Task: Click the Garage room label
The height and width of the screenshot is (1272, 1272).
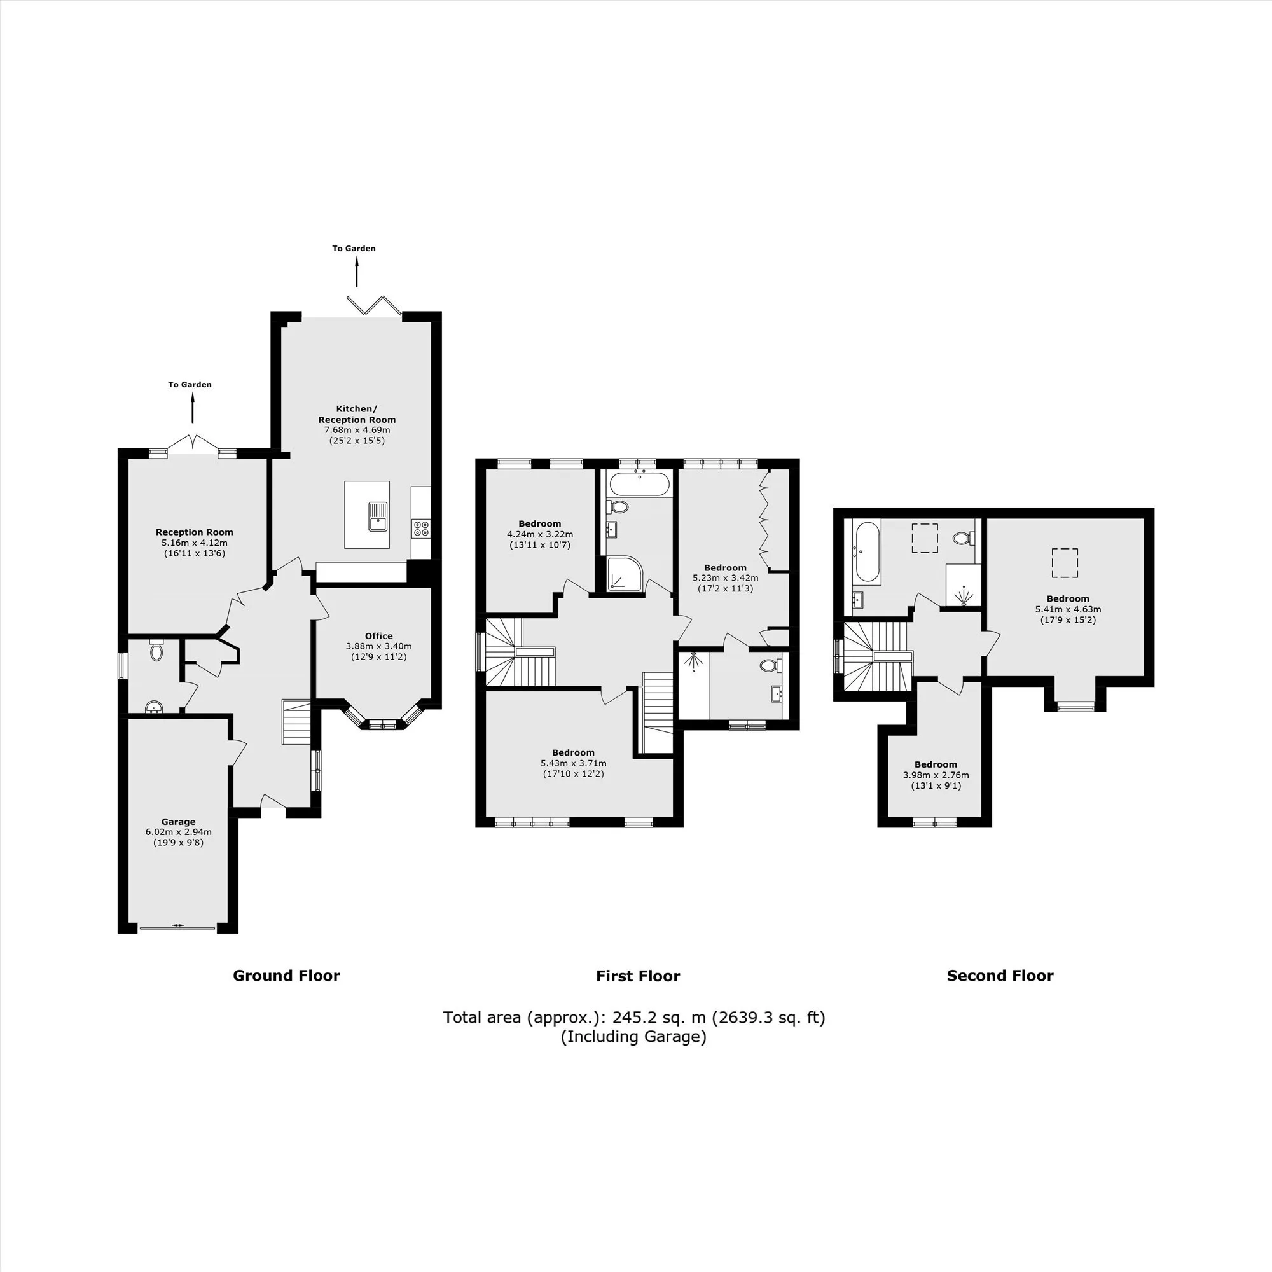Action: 179,821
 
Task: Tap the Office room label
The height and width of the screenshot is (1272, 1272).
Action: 378,636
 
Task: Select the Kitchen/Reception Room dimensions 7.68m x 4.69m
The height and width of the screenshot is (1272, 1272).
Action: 357,430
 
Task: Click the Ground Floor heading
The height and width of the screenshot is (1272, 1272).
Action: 286,976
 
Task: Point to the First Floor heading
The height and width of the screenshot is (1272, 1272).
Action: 638,976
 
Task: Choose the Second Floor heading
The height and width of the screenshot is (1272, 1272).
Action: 1000,976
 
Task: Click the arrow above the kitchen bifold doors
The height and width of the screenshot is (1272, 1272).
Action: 357,272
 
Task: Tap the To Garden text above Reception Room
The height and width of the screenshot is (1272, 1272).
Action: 190,385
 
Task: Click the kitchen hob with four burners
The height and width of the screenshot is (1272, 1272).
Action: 420,527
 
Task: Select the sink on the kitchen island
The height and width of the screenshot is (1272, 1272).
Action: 377,516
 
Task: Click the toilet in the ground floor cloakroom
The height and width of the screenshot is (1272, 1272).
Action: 156,650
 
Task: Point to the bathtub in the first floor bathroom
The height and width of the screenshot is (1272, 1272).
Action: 639,485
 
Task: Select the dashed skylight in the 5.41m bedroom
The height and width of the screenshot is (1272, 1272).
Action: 1065,563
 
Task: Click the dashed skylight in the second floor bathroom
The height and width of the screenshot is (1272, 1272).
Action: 924,539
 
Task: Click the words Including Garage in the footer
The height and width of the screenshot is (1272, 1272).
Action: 633,1037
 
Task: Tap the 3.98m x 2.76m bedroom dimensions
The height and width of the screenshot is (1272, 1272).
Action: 936,775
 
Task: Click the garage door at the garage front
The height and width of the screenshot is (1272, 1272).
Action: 178,928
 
